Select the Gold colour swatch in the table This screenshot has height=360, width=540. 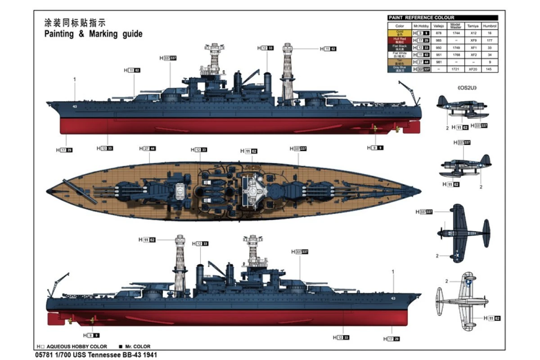click(400, 33)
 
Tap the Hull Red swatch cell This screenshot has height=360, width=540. click(400, 40)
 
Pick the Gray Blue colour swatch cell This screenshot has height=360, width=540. click(400, 69)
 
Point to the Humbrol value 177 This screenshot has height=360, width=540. click(490, 40)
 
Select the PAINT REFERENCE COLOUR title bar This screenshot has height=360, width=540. click(443, 18)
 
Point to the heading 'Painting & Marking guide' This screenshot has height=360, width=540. click(93, 34)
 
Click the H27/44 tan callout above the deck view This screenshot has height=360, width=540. click(148, 148)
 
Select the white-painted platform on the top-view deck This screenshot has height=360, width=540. click(252, 191)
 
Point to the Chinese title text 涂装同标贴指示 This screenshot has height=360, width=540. click(75, 22)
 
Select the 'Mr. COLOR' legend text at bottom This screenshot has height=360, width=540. click(138, 346)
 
